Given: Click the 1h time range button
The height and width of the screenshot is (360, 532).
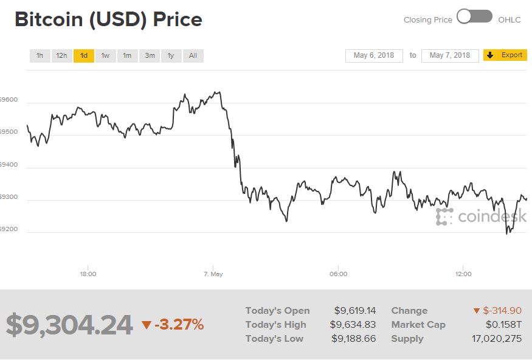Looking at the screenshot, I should [40, 56].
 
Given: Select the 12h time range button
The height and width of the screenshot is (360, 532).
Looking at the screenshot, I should [61, 56].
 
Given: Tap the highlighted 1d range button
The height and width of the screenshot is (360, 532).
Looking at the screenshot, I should [84, 56].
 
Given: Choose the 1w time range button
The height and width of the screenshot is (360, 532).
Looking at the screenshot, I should [105, 56].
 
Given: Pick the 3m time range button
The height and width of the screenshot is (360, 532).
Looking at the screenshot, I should [149, 56].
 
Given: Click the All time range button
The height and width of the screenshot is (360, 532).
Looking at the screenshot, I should [193, 56].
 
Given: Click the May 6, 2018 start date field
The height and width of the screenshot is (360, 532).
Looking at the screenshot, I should [373, 55].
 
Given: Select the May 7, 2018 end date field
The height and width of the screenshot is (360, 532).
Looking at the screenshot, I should [450, 55].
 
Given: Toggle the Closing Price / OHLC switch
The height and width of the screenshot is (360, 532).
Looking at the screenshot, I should [475, 17].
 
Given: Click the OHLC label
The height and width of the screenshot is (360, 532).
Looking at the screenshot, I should [510, 20].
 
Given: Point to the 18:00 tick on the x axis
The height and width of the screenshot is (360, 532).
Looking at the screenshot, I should [88, 274].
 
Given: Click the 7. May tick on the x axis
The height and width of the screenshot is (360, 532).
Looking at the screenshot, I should [213, 274].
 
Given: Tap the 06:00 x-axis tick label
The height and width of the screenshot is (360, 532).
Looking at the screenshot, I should [338, 274].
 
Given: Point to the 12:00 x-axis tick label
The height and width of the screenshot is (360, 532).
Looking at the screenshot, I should [463, 274].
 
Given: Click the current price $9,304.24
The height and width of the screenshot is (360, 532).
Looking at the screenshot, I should [69, 325].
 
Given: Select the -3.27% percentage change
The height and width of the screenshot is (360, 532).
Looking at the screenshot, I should [178, 325].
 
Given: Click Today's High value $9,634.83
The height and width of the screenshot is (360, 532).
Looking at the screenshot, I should [353, 325].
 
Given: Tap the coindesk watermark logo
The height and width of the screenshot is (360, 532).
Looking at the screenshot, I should [481, 216].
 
